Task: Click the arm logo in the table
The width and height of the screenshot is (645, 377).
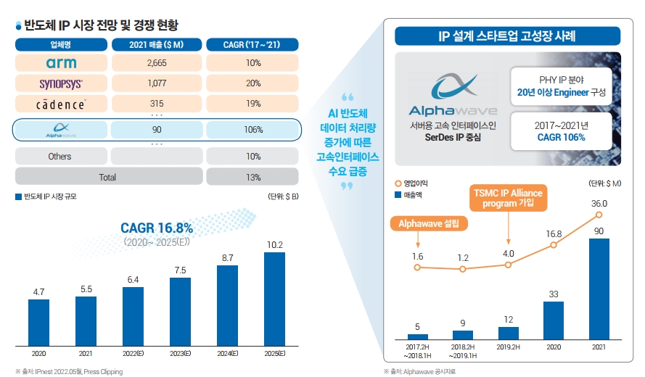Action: click(x=60, y=63)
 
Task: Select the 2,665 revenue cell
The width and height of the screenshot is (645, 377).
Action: click(x=157, y=63)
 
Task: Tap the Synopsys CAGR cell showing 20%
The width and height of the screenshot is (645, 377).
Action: click(x=252, y=83)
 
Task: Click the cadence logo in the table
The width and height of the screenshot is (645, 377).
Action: click(x=61, y=104)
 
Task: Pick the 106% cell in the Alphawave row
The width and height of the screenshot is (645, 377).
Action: click(x=252, y=130)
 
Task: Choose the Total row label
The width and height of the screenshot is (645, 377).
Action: click(x=107, y=177)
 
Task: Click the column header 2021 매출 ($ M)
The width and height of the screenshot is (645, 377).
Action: click(x=157, y=44)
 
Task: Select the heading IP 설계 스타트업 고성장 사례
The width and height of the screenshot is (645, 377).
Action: click(x=507, y=36)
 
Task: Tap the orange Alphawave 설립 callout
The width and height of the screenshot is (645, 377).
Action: click(x=429, y=223)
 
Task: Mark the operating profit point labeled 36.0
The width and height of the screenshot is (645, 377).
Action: click(x=599, y=215)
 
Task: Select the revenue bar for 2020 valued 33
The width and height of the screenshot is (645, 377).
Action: click(x=554, y=320)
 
